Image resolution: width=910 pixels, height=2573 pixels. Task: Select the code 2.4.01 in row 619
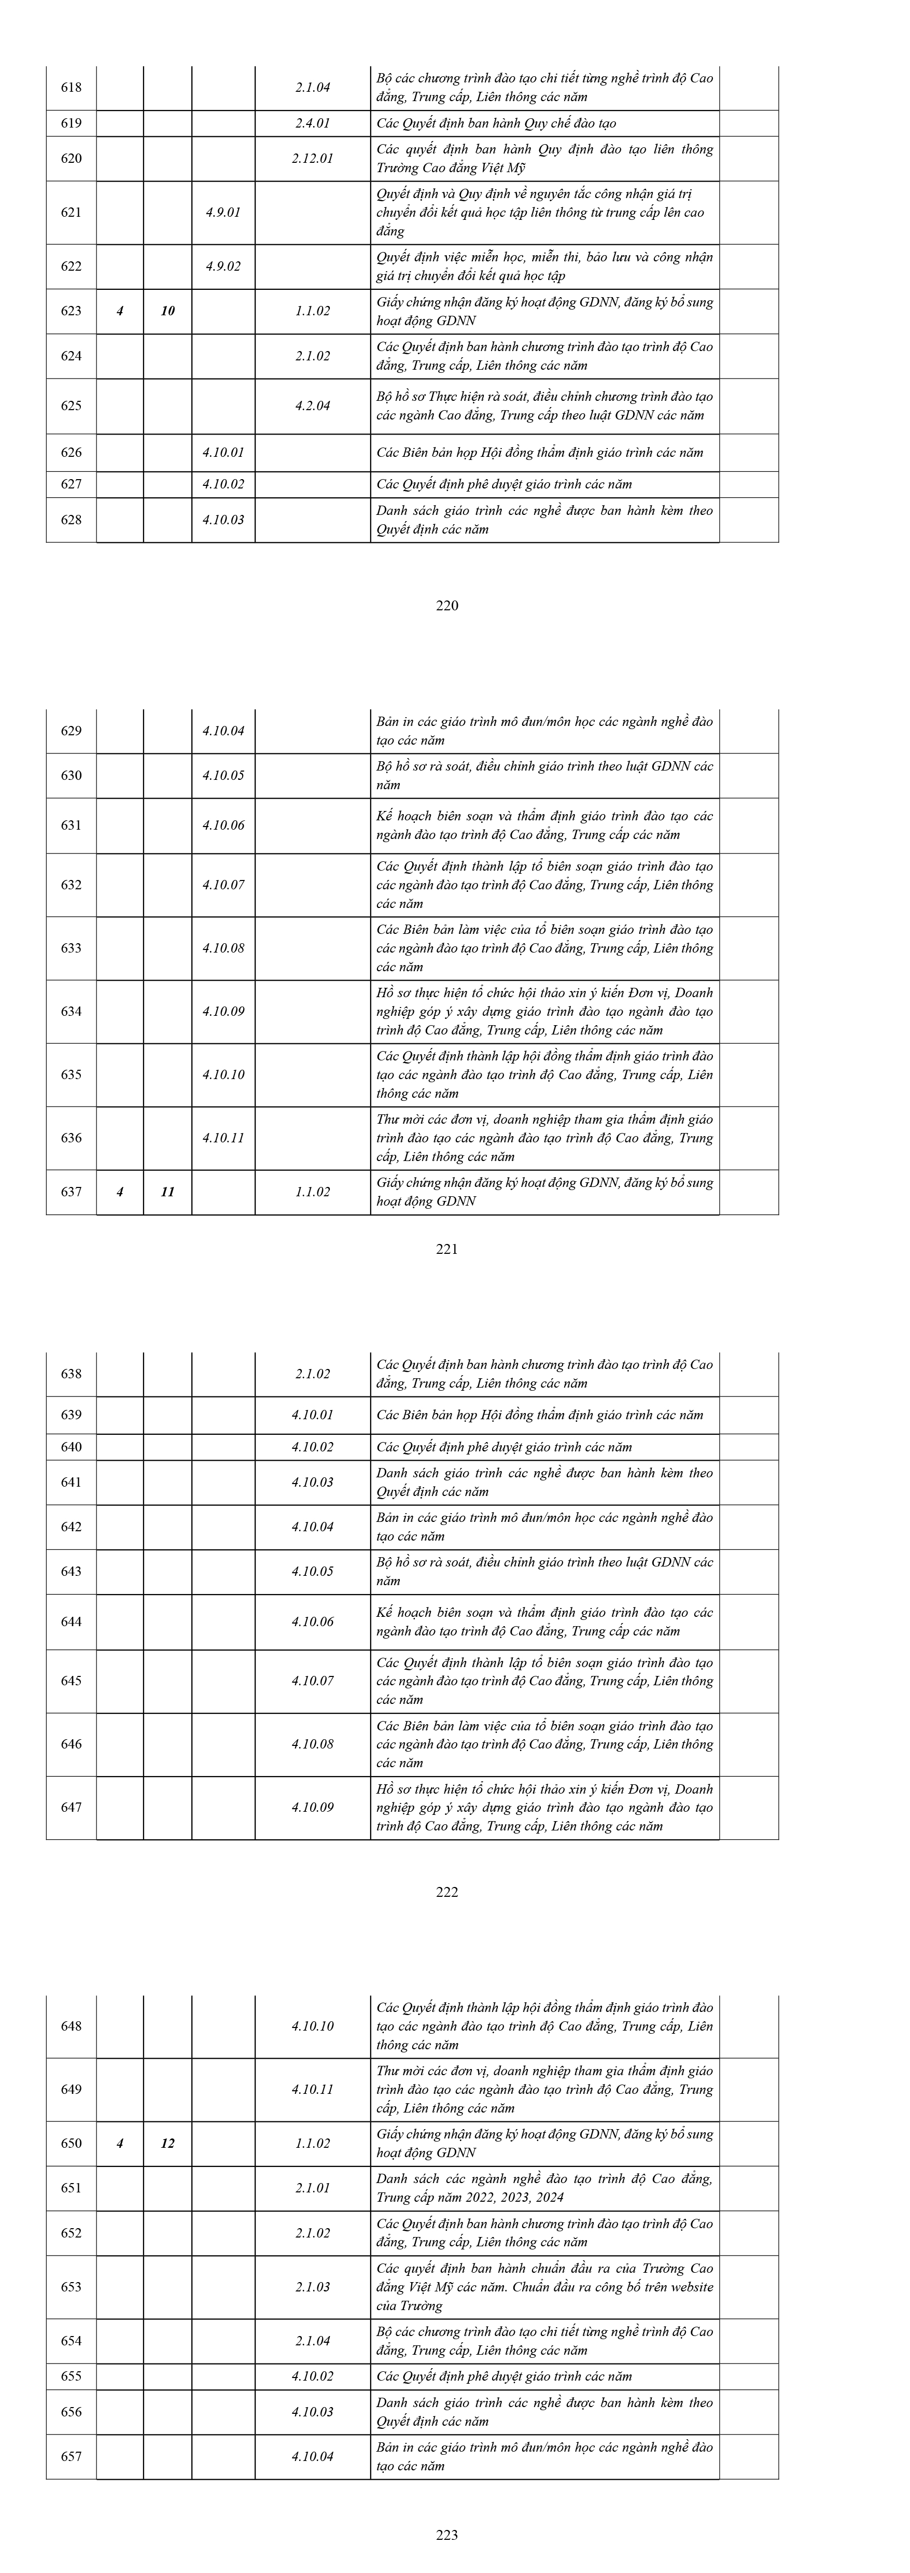tap(313, 124)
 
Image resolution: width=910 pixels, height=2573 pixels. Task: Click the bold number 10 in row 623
tap(168, 311)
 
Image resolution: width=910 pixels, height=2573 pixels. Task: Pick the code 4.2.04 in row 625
tap(313, 405)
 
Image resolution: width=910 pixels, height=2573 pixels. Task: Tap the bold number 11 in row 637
tap(168, 1192)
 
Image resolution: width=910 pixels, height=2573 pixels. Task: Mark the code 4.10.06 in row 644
tap(313, 1621)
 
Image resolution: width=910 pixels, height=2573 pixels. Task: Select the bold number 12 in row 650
tap(168, 2144)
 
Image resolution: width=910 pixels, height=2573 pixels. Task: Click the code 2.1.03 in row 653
tap(313, 2286)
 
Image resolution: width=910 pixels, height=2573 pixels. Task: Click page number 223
tap(447, 2534)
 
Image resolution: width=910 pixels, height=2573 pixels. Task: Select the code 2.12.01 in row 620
tap(313, 158)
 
